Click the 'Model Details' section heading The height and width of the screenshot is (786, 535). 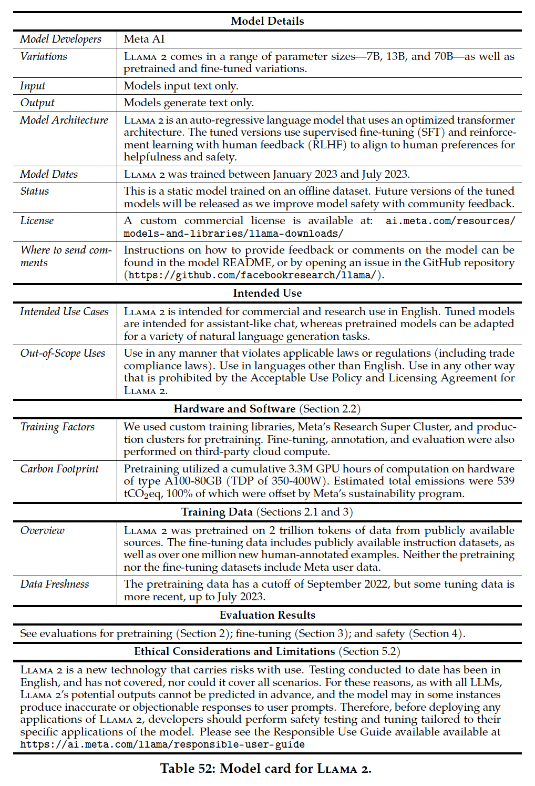267,21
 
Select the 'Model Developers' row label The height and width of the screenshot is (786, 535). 60,39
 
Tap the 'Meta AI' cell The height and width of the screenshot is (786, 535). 144,39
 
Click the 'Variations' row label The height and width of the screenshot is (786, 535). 44,56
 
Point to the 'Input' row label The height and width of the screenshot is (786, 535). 33,86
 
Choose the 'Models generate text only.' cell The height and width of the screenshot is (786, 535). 189,103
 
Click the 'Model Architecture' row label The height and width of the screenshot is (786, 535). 64,120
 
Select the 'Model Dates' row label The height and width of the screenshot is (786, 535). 49,174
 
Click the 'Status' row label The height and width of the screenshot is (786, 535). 35,191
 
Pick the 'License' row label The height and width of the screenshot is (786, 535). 37,220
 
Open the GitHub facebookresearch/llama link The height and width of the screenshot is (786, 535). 252,275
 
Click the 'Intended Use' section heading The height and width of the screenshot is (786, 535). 267,293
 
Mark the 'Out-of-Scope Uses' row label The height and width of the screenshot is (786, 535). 63,353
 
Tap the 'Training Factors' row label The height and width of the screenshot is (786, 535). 57,427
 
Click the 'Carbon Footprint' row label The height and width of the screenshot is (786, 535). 59,469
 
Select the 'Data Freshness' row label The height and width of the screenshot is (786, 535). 55,584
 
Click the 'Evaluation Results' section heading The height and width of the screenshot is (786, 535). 267,615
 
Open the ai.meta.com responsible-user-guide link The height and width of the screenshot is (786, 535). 162,744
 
